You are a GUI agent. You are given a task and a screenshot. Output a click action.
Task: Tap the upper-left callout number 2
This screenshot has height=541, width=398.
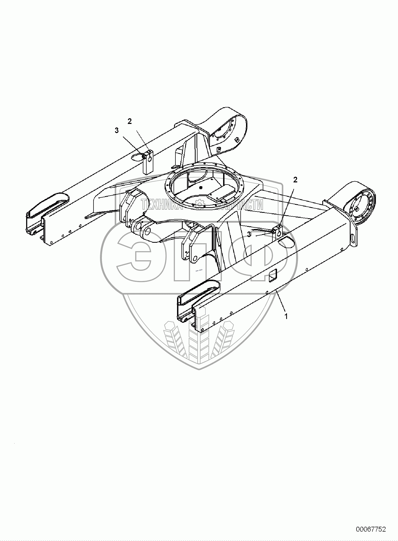130,122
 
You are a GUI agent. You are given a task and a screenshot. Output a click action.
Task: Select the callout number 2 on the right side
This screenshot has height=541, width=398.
295,180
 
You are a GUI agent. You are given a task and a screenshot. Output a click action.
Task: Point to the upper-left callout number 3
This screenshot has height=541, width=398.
116,130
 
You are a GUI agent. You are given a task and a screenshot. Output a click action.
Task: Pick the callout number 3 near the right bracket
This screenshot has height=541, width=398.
249,234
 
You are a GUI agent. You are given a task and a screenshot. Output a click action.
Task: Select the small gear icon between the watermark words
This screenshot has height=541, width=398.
200,204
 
